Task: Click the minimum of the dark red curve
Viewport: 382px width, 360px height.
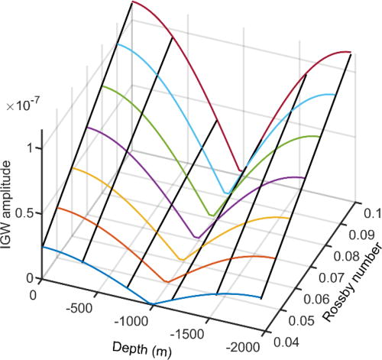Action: (242, 170)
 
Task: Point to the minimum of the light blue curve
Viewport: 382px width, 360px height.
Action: (227, 193)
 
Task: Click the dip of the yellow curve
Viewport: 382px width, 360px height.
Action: (181, 259)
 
